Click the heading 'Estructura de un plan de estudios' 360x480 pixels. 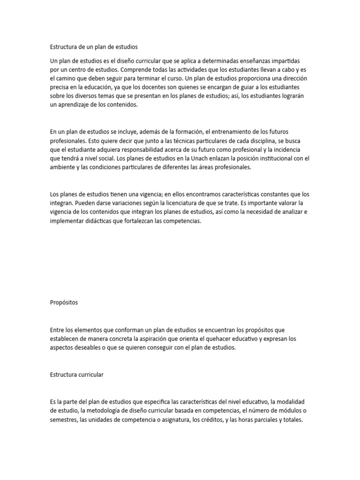point(94,47)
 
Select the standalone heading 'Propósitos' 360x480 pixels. point(64,302)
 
